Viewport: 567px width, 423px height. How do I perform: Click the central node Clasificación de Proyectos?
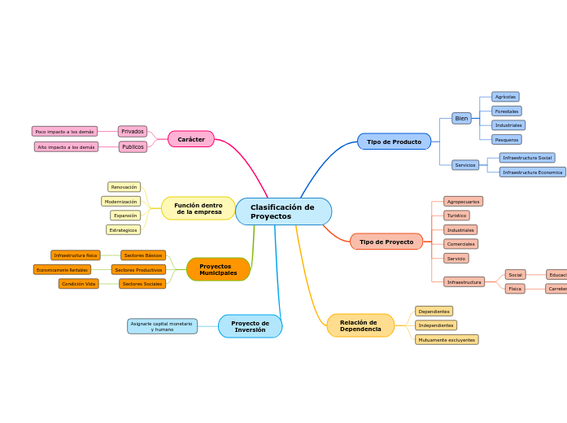coord(283,211)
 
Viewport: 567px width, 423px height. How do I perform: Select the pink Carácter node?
coord(191,139)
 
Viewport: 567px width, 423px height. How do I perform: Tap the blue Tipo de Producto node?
coord(394,142)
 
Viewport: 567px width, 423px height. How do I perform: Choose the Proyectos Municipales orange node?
coord(218,269)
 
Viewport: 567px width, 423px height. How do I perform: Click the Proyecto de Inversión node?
coord(250,326)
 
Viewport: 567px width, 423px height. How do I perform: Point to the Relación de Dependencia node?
coord(360,325)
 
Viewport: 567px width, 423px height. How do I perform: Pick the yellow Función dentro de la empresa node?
coord(198,208)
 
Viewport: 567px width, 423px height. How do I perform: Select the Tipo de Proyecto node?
coord(386,242)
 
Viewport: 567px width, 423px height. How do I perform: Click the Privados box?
coord(133,131)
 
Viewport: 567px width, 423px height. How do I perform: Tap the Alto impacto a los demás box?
coord(66,147)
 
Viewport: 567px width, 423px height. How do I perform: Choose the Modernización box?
coord(121,201)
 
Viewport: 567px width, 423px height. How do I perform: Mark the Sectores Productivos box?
coord(138,269)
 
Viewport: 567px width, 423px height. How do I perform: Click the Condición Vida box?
coord(79,284)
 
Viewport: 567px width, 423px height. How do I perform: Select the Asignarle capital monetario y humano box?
coord(163,326)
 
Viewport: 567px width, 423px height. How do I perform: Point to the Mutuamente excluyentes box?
coord(447,339)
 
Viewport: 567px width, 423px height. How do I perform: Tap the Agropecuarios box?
coord(463,201)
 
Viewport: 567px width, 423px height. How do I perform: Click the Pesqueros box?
coord(507,140)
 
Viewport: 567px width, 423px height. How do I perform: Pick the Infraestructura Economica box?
coord(532,172)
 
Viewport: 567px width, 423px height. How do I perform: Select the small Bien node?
coord(461,118)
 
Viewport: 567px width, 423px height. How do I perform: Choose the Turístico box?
coord(456,216)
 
